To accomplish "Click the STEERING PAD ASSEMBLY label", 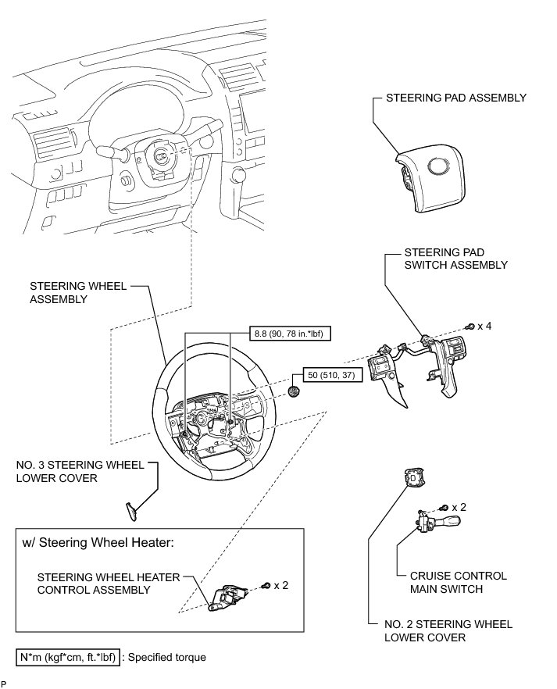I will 456,98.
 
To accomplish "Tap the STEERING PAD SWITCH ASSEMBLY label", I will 456,259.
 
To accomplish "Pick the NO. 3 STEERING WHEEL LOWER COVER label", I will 80,471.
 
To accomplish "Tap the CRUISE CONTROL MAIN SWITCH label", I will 452,582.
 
